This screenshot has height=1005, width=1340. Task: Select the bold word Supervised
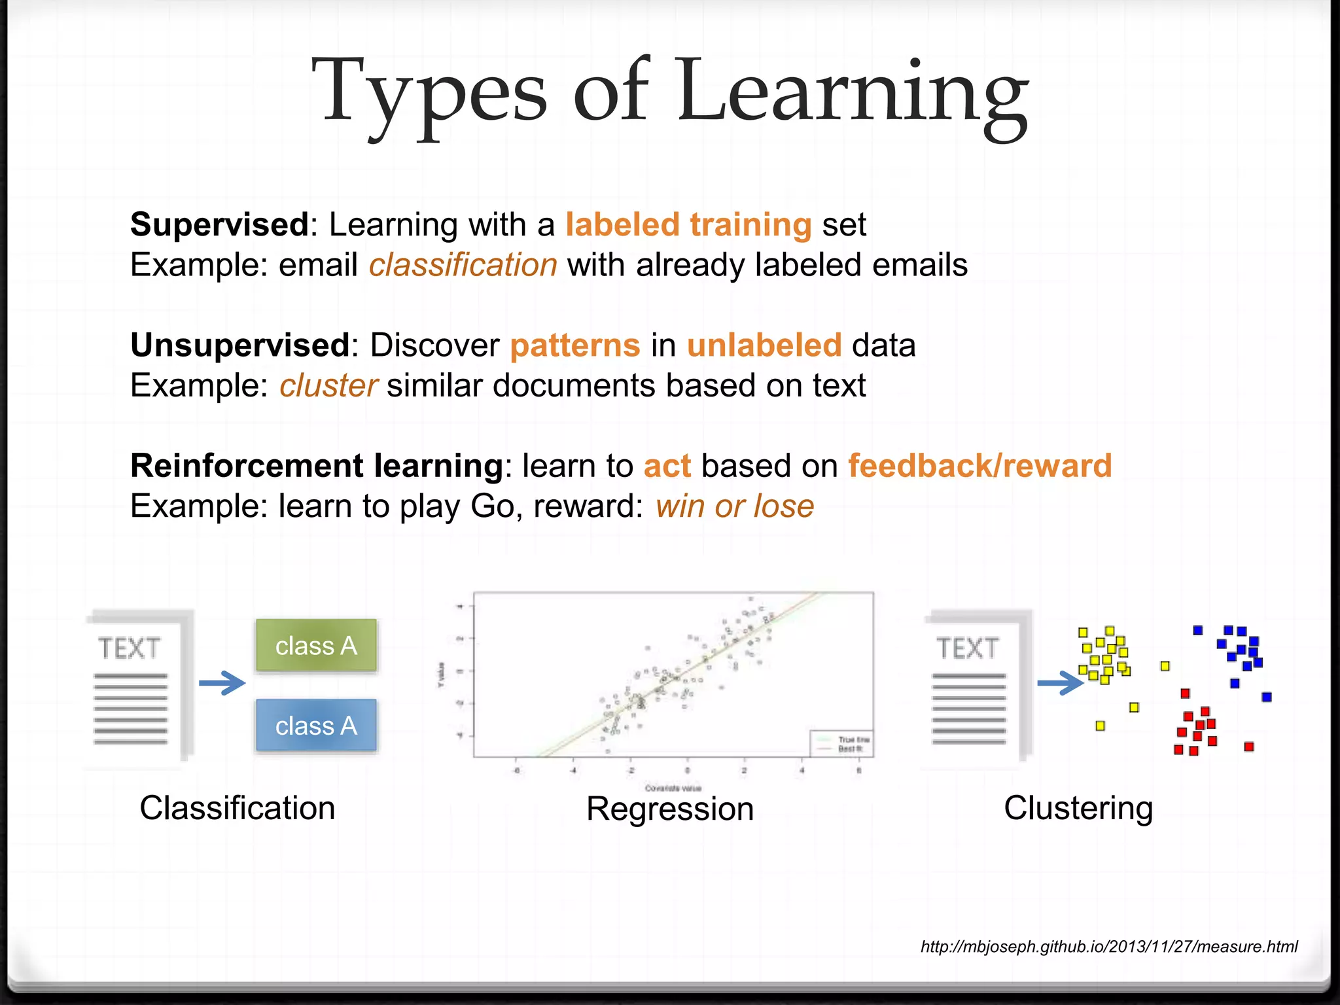pos(219,224)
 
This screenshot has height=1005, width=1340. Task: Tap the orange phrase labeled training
pos(688,224)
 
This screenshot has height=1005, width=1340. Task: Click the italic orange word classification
pos(463,265)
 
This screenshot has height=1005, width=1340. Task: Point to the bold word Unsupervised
pos(240,345)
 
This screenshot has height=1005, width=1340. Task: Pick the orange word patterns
pos(574,345)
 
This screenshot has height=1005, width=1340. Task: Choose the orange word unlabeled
pos(764,345)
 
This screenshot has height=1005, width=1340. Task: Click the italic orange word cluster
pos(328,385)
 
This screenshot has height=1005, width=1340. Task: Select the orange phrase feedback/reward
pos(979,466)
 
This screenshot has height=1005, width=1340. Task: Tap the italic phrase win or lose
pos(734,506)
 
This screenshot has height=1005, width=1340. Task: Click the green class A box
pos(316,645)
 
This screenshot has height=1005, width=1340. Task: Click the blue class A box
pos(316,725)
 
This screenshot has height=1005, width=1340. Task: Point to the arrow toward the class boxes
pos(222,683)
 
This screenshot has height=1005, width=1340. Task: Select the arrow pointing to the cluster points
pos(1061,684)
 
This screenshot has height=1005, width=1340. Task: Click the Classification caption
pos(237,808)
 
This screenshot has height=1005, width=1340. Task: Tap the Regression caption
pos(669,809)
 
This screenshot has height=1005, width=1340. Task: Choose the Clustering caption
pos(1078,808)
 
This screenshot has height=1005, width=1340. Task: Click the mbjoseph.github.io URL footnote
pos(1108,946)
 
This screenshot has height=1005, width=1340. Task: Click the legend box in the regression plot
pos(841,743)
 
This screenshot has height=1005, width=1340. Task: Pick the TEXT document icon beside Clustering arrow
pos(975,686)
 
